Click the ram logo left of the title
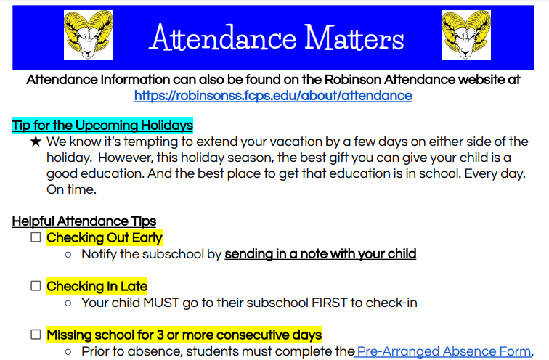pos(89,35)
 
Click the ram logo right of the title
pos(466,35)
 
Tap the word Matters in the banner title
pos(354,38)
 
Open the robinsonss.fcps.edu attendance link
pos(273,96)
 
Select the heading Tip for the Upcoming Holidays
pos(102,125)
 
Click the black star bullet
pos(36,142)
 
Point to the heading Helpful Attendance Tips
pos(84,221)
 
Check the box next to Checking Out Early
pos(36,237)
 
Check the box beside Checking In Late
pos(36,286)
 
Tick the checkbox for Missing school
pos(36,335)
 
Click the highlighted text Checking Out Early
pos(105,237)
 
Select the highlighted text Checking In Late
pos(97,286)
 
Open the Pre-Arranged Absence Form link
pos(444,351)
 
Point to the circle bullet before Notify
pos(68,255)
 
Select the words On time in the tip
pos(71,190)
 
